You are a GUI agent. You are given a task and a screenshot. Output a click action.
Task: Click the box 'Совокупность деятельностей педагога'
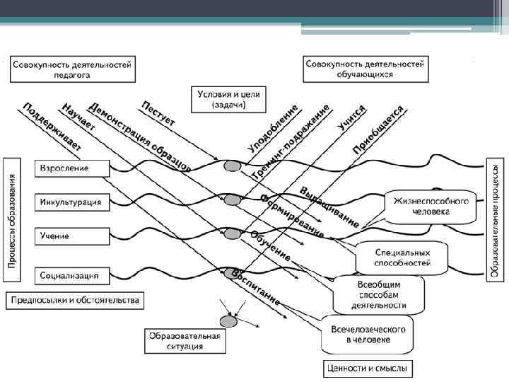point(74,69)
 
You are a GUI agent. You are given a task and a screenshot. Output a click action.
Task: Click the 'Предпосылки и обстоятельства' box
point(75,300)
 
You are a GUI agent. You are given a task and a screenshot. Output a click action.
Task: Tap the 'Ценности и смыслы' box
point(368,369)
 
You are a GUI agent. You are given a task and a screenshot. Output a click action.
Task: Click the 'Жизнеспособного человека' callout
point(431,206)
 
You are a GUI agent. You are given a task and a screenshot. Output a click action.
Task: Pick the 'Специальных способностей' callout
point(402,257)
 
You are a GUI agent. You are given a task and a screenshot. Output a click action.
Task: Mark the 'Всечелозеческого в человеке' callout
point(368,335)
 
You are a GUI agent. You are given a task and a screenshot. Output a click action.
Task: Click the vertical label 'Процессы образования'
point(12,219)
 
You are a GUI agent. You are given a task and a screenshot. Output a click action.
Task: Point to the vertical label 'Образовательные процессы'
point(496,219)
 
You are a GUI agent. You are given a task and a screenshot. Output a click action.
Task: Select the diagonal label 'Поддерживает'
point(53,127)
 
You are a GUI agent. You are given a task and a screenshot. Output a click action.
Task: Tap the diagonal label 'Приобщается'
point(379,129)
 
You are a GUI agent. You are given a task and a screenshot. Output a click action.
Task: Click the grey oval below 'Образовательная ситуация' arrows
point(228,320)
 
